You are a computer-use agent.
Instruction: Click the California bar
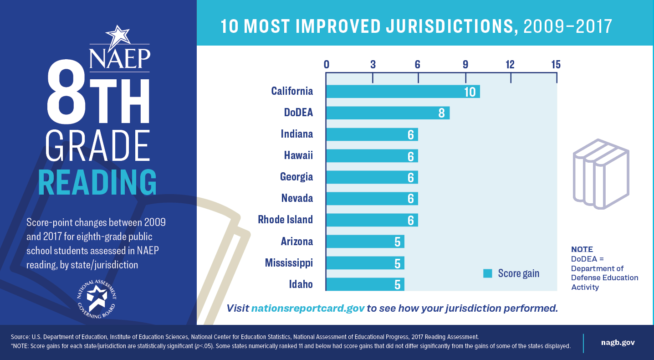click(x=403, y=92)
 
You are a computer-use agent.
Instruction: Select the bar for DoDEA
click(x=388, y=113)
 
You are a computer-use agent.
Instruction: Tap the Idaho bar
click(x=365, y=284)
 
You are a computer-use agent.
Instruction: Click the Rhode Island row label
click(x=285, y=220)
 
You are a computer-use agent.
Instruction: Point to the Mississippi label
click(x=289, y=263)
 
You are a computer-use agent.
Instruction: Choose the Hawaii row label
click(x=298, y=155)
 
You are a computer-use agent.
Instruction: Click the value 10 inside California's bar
click(x=470, y=92)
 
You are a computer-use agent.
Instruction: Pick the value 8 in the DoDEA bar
click(x=441, y=113)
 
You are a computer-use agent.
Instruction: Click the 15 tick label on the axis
click(x=556, y=65)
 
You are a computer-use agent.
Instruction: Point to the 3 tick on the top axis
click(x=373, y=65)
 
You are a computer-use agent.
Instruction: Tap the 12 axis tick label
click(x=510, y=65)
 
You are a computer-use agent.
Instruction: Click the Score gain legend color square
click(x=488, y=273)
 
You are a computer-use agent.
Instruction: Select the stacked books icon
click(x=600, y=174)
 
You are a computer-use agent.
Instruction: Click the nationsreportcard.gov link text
click(x=308, y=308)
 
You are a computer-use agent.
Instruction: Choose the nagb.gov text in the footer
click(x=618, y=343)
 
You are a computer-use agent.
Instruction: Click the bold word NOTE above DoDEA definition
click(x=582, y=249)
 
